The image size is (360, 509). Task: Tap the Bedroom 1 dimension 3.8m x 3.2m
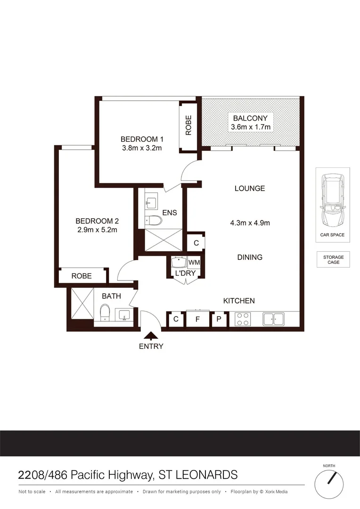pos(141,148)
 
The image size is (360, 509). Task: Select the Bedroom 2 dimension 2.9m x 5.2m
pos(97,230)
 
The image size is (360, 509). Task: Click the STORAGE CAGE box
pos(333,260)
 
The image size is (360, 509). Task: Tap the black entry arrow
pos(151,336)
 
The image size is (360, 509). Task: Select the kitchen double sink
pos(274,320)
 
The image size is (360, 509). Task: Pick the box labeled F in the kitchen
pos(198,320)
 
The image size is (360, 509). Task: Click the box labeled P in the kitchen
pos(219,320)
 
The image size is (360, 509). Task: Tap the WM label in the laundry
pos(194,262)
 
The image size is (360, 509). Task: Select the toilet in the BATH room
pos(105,312)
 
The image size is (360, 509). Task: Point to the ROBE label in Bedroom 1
pos(188,126)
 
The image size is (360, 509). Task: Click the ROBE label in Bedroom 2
pos(82,276)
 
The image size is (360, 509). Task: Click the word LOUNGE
pos(250,189)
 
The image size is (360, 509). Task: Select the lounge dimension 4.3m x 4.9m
pos(250,223)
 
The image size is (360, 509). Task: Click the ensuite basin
pos(150,203)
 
